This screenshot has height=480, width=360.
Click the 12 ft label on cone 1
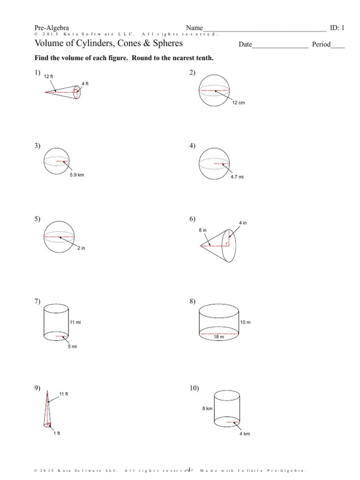click(x=49, y=76)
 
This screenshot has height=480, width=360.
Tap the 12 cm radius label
click(x=239, y=103)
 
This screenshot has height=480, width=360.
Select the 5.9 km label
click(x=77, y=175)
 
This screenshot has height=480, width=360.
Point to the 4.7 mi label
click(x=237, y=177)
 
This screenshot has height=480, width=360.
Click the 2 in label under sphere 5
click(x=81, y=248)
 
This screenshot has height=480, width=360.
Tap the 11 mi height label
click(x=75, y=323)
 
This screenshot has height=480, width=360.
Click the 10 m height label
click(x=246, y=323)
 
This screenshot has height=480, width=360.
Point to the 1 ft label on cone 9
click(x=56, y=433)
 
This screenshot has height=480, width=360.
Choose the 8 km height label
click(x=207, y=409)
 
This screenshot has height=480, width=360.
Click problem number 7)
click(x=37, y=301)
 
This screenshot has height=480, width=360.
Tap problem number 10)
click(x=195, y=388)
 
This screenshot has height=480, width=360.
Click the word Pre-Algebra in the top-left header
click(x=52, y=28)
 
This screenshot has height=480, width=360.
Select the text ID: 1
click(x=337, y=28)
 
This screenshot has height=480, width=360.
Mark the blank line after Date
click(x=280, y=45)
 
